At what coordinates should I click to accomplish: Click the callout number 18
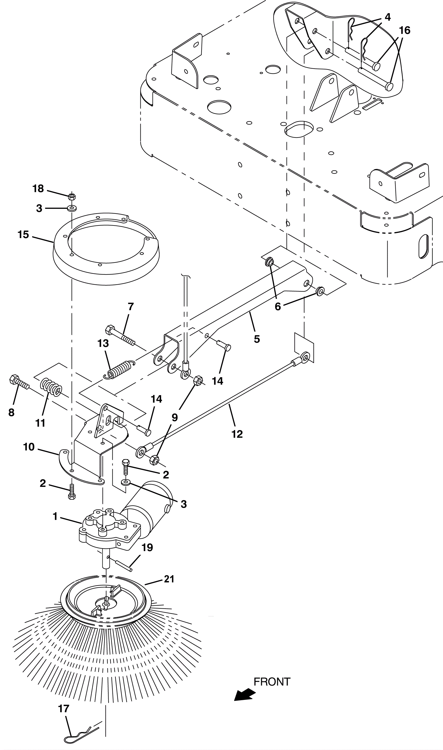click(x=38, y=188)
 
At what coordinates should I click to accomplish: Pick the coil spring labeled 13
click(x=119, y=370)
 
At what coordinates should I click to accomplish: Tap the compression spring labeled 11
click(x=51, y=387)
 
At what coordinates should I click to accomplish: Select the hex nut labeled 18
click(x=72, y=196)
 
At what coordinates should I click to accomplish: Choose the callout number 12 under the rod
click(x=237, y=434)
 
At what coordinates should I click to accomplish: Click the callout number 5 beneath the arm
click(x=257, y=339)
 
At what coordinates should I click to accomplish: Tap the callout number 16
click(x=405, y=30)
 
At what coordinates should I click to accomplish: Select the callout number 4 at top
click(x=387, y=17)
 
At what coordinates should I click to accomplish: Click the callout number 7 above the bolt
click(x=131, y=306)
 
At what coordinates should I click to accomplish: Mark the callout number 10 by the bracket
click(x=29, y=447)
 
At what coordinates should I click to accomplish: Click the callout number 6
click(x=278, y=307)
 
